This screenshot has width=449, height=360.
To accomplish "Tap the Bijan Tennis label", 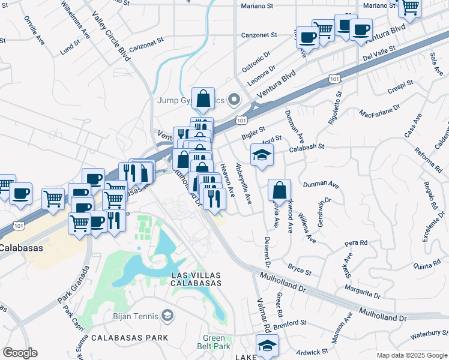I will point(135,316).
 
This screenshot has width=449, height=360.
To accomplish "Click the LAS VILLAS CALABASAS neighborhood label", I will point(196,278).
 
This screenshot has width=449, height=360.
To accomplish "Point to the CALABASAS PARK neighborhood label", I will point(129,338).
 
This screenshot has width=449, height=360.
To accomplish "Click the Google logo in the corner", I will point(20,353).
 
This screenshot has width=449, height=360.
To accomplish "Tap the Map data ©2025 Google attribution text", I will point(411,355).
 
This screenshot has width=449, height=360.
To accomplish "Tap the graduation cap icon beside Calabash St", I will point(262,155).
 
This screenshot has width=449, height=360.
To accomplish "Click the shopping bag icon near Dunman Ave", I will point(279,191).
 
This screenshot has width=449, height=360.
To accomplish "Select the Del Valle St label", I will point(379,54).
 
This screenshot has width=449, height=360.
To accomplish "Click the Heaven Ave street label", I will point(228,179).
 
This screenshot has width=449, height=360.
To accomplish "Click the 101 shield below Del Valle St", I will point(334,79).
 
